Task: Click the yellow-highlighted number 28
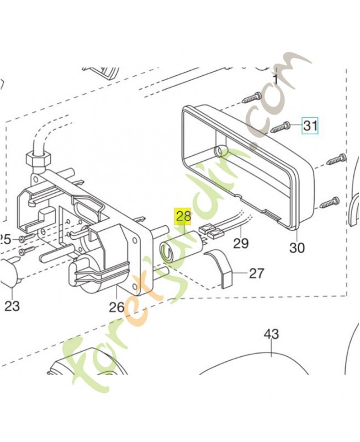[x=183, y=217]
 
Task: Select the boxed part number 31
[x=310, y=125]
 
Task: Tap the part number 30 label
[x=297, y=248]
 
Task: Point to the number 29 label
[x=241, y=243]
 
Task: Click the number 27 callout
[x=257, y=273]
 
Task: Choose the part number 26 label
[x=117, y=307]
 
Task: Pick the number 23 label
[x=12, y=306]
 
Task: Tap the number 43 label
[x=271, y=334]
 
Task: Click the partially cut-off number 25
[x=6, y=240]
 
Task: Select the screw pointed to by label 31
[x=280, y=127]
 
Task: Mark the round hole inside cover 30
[x=219, y=151]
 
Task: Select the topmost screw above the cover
[x=252, y=98]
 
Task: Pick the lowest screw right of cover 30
[x=330, y=202]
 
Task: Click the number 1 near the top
[x=277, y=79]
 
